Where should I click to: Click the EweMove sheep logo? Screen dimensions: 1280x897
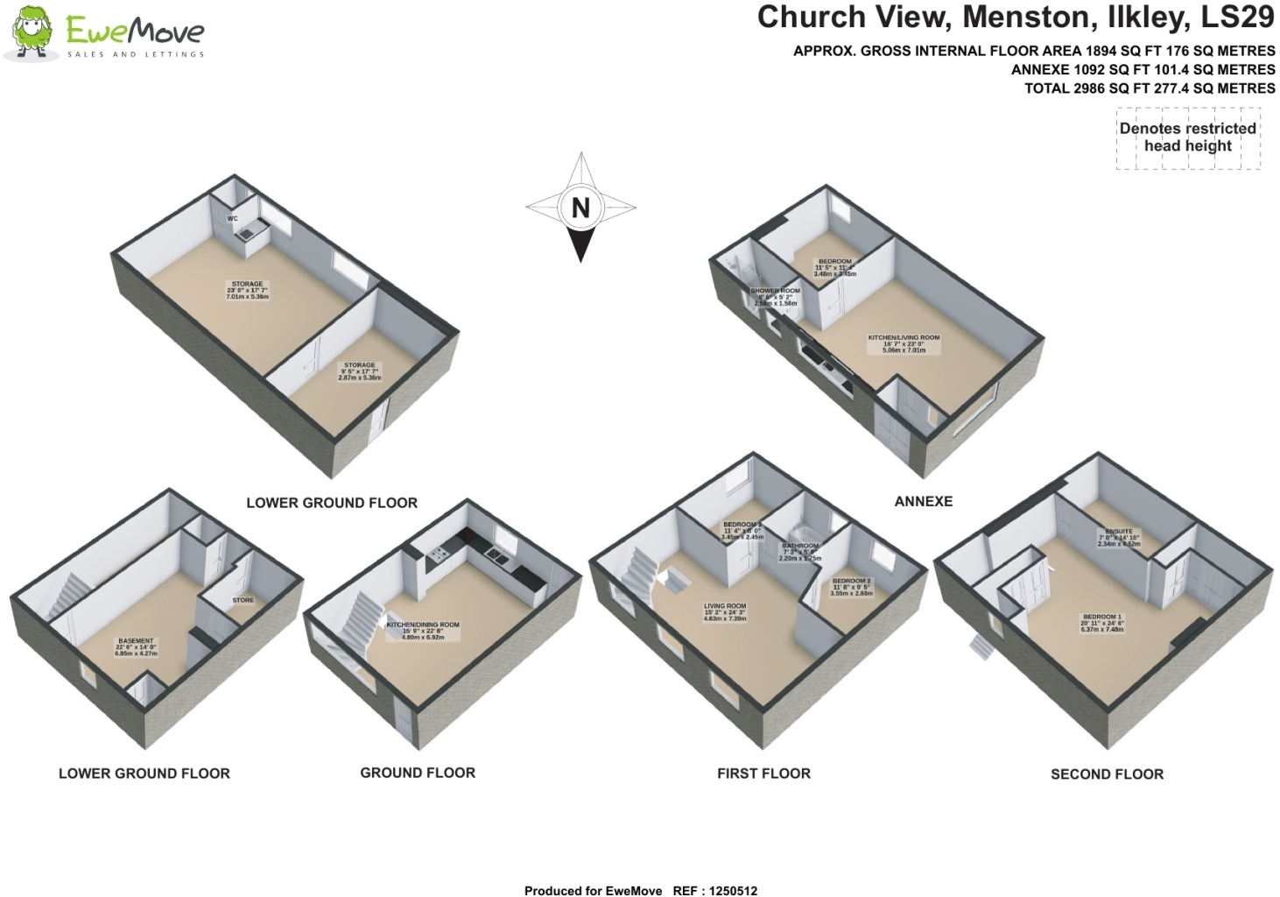[33, 33]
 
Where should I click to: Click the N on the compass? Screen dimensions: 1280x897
[580, 208]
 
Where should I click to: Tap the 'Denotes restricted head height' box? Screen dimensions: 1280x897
[1187, 138]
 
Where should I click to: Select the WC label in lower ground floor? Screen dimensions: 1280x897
[233, 219]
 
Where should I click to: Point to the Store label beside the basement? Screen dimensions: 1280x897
[243, 600]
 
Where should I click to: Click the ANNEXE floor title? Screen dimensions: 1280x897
[923, 502]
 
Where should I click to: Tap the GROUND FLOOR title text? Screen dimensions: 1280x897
[418, 773]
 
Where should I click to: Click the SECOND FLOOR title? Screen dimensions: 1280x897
[1107, 774]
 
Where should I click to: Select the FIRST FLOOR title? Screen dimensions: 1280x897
[763, 773]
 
